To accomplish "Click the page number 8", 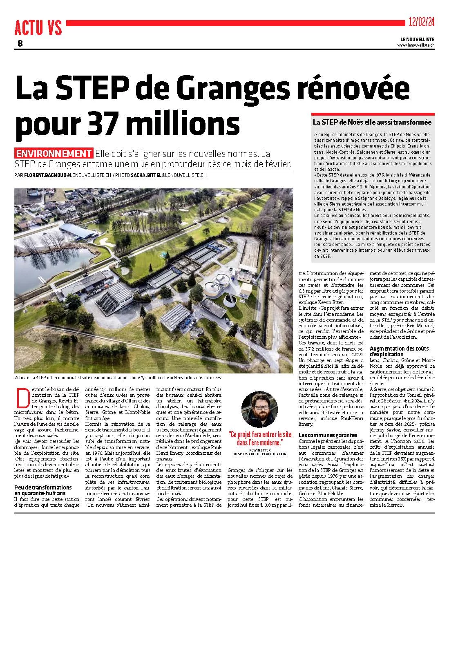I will pos(20,44).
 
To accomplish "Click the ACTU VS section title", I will pos(38,28).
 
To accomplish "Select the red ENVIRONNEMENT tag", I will pos(54,154).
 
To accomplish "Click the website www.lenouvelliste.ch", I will pos(415,45).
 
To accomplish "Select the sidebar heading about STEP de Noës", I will pos(372,122).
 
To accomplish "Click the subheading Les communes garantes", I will pos(328,436).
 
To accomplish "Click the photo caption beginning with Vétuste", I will pos(118,378).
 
